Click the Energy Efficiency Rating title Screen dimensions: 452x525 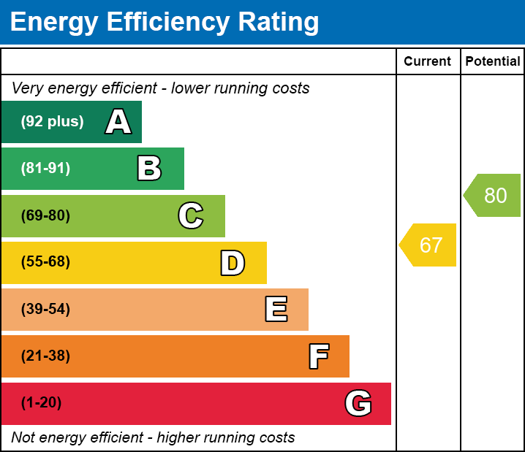point(165,23)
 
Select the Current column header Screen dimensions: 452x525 point(428,62)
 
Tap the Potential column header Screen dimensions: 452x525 point(493,62)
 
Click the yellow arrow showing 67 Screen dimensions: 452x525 point(429,245)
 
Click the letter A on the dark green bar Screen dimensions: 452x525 point(118,122)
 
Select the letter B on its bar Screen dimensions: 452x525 point(149,169)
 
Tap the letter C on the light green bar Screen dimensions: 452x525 point(190,215)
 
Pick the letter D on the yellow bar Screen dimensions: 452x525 point(233,263)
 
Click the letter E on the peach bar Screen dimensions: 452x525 point(276,310)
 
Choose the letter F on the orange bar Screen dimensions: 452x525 point(318,356)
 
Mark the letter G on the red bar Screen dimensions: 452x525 point(358,403)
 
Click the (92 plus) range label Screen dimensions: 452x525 point(52,122)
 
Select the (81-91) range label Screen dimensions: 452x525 point(45,169)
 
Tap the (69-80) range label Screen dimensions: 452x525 point(45,215)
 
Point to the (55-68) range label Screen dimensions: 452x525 point(45,262)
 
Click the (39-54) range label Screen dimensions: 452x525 point(45,310)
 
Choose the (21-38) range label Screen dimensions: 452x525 point(45,356)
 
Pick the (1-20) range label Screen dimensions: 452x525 point(42,403)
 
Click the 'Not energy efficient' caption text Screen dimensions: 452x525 point(153,438)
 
